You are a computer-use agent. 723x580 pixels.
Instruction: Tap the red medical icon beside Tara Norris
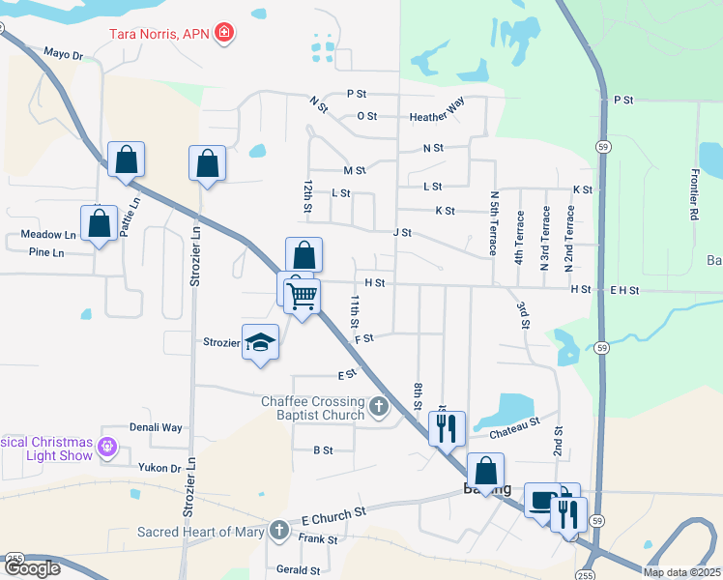pos(224,33)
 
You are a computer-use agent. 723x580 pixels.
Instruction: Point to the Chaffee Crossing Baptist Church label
pos(313,408)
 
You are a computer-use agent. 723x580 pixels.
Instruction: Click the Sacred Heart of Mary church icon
pos(279,530)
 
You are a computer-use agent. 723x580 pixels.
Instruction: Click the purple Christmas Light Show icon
pos(106,448)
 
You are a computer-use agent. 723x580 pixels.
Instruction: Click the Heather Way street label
pos(437,116)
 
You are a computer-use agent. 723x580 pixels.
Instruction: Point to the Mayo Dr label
pos(64,54)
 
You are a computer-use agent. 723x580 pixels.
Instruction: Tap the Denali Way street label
pos(156,426)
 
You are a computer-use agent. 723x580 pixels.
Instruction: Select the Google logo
pos(31,568)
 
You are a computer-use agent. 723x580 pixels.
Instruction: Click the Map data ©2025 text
pos(680,572)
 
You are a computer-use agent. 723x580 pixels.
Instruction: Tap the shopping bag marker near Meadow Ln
pos(99,223)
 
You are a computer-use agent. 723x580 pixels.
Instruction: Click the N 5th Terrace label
pos(493,223)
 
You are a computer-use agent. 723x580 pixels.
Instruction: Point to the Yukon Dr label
pos(161,468)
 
